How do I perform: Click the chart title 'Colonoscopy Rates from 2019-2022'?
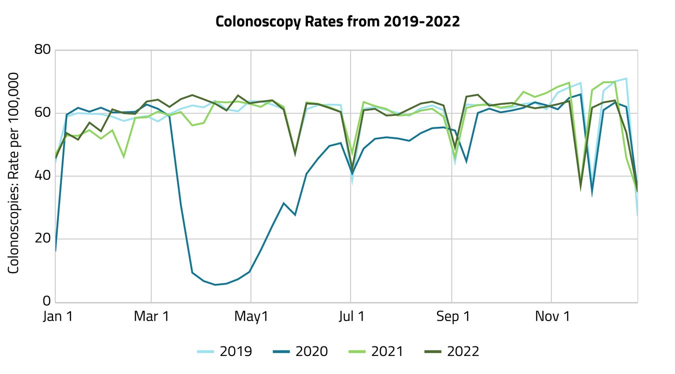[x=337, y=22]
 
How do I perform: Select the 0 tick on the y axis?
[x=46, y=302]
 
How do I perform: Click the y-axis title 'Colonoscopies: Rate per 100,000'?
[x=14, y=173]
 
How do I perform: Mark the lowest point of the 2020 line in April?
[x=215, y=285]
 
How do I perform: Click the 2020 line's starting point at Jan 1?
[x=55, y=251]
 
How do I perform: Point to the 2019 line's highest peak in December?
[x=626, y=78]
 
